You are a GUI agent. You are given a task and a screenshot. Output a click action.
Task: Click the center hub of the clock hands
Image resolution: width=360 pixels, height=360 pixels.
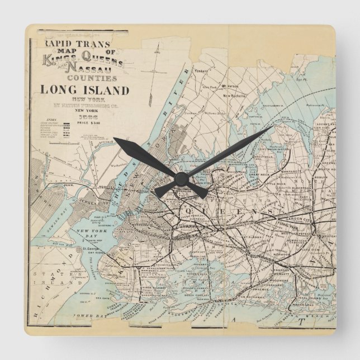coord(180,178)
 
